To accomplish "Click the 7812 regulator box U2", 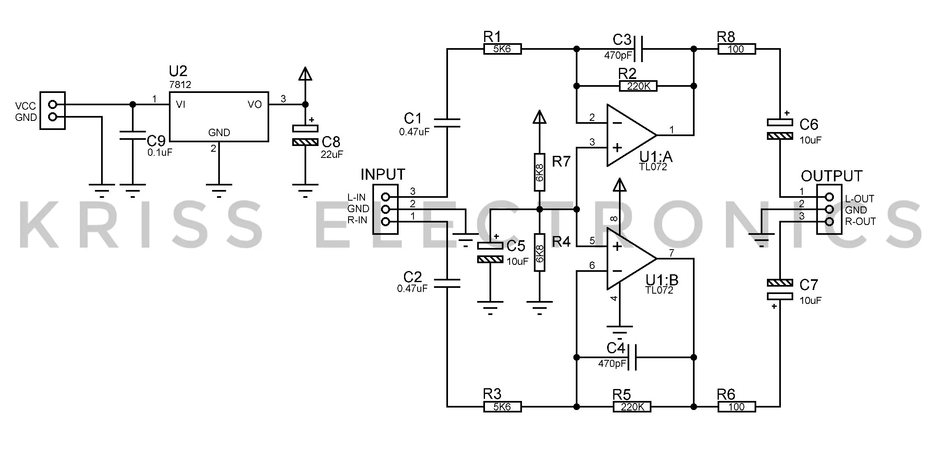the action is coord(219,117).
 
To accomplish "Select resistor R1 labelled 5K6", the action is coord(502,49).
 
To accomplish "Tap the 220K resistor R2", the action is coord(638,86).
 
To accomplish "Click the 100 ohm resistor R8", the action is coord(737,49).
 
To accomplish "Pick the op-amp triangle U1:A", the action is coord(631,135).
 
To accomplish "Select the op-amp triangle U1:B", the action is coord(631,259).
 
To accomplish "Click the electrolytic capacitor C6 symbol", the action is coord(780,129).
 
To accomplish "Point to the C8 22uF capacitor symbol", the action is coord(305,135).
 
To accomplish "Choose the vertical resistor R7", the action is coord(540,172).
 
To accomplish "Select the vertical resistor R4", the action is coord(540,252).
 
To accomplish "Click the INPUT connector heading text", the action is coord(383,175).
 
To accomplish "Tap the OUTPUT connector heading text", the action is coord(831,176).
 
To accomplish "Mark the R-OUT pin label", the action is coord(860,221).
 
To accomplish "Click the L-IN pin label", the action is coord(356,197).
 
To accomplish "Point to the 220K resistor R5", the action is coord(632,407).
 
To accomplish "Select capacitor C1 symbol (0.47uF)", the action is coord(447,123).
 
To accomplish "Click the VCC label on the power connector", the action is coord(25,106).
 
